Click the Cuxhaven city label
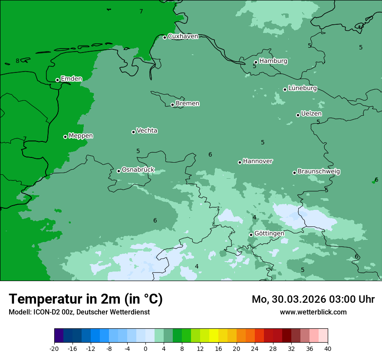click(x=183, y=36)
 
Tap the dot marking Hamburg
click(x=256, y=62)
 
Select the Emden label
click(x=71, y=79)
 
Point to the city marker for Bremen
click(x=172, y=105)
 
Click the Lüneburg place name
click(x=302, y=88)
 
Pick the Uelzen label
click(x=311, y=114)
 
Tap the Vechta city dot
click(x=133, y=132)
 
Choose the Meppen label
click(x=81, y=136)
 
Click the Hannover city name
click(x=258, y=161)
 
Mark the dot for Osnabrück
click(x=119, y=171)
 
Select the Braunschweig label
click(x=319, y=172)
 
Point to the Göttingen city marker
click(x=251, y=235)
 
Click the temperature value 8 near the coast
click(x=17, y=61)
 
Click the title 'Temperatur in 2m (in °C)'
click(x=86, y=299)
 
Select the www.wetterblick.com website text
click(x=313, y=312)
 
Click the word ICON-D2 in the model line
click(x=46, y=312)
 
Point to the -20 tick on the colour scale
click(x=54, y=348)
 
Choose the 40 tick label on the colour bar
click(x=328, y=348)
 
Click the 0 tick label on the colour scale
click(x=145, y=348)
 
